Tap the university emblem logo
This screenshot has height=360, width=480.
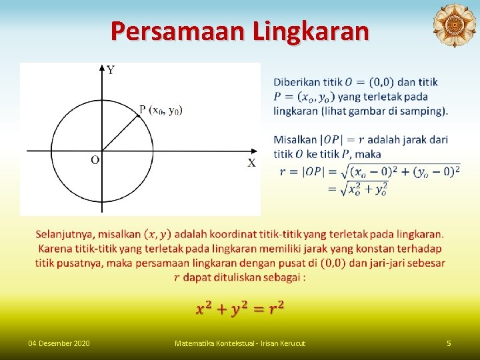pos(454,26)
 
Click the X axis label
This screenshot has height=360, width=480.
pos(251,163)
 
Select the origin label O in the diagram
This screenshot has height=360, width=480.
pos(95,160)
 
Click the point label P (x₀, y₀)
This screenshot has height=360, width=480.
pos(161,109)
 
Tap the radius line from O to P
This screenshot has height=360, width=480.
pos(120,133)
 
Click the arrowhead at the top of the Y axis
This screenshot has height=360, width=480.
pos(102,67)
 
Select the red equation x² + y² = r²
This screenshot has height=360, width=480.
pos(240,307)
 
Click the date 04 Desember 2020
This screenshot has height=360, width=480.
pos(59,343)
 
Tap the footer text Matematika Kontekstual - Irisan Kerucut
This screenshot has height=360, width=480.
pos(239,343)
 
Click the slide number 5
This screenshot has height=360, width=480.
pos(449,343)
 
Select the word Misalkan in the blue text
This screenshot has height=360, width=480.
pos(295,140)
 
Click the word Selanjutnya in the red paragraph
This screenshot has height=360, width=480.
pos(64,234)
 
